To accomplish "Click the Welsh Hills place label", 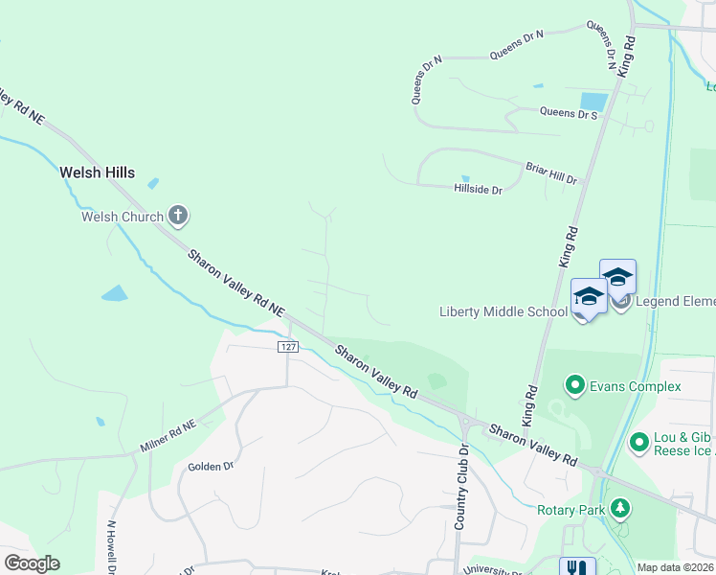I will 97,173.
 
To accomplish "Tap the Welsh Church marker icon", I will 177,216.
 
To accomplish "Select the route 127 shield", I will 288,347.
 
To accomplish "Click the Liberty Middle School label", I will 503,311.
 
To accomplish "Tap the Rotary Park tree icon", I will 621,508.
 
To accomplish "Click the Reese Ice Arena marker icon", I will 639,443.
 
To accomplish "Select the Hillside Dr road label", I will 478,190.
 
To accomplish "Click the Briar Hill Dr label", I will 551,172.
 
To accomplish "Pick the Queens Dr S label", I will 568,113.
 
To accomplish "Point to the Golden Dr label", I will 211,466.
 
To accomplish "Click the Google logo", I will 32,563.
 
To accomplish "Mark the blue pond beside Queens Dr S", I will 593,101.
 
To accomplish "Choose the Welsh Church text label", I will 122,217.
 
